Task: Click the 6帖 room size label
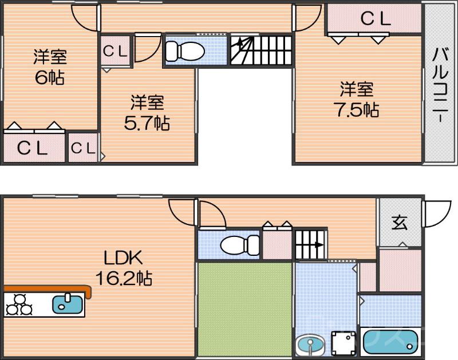click(49, 77)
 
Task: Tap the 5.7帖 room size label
click(147, 122)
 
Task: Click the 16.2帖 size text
click(123, 279)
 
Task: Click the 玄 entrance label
click(399, 223)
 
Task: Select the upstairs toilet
click(185, 52)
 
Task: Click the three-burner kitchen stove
click(19, 304)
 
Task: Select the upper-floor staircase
click(261, 50)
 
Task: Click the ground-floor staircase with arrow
click(310, 244)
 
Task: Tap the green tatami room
click(245, 309)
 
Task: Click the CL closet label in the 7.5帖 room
click(375, 19)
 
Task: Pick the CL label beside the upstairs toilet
click(115, 51)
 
